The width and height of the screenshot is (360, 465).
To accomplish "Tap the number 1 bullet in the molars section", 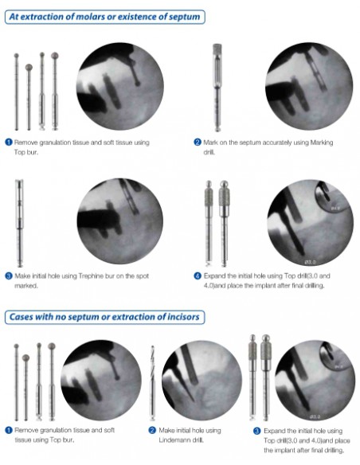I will tap(8, 143).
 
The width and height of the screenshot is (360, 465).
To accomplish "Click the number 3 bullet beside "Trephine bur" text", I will tap(8, 275).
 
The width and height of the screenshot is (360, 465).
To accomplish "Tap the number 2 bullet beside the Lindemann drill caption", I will tap(151, 430).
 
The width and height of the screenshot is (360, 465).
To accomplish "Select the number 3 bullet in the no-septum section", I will tap(256, 430).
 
